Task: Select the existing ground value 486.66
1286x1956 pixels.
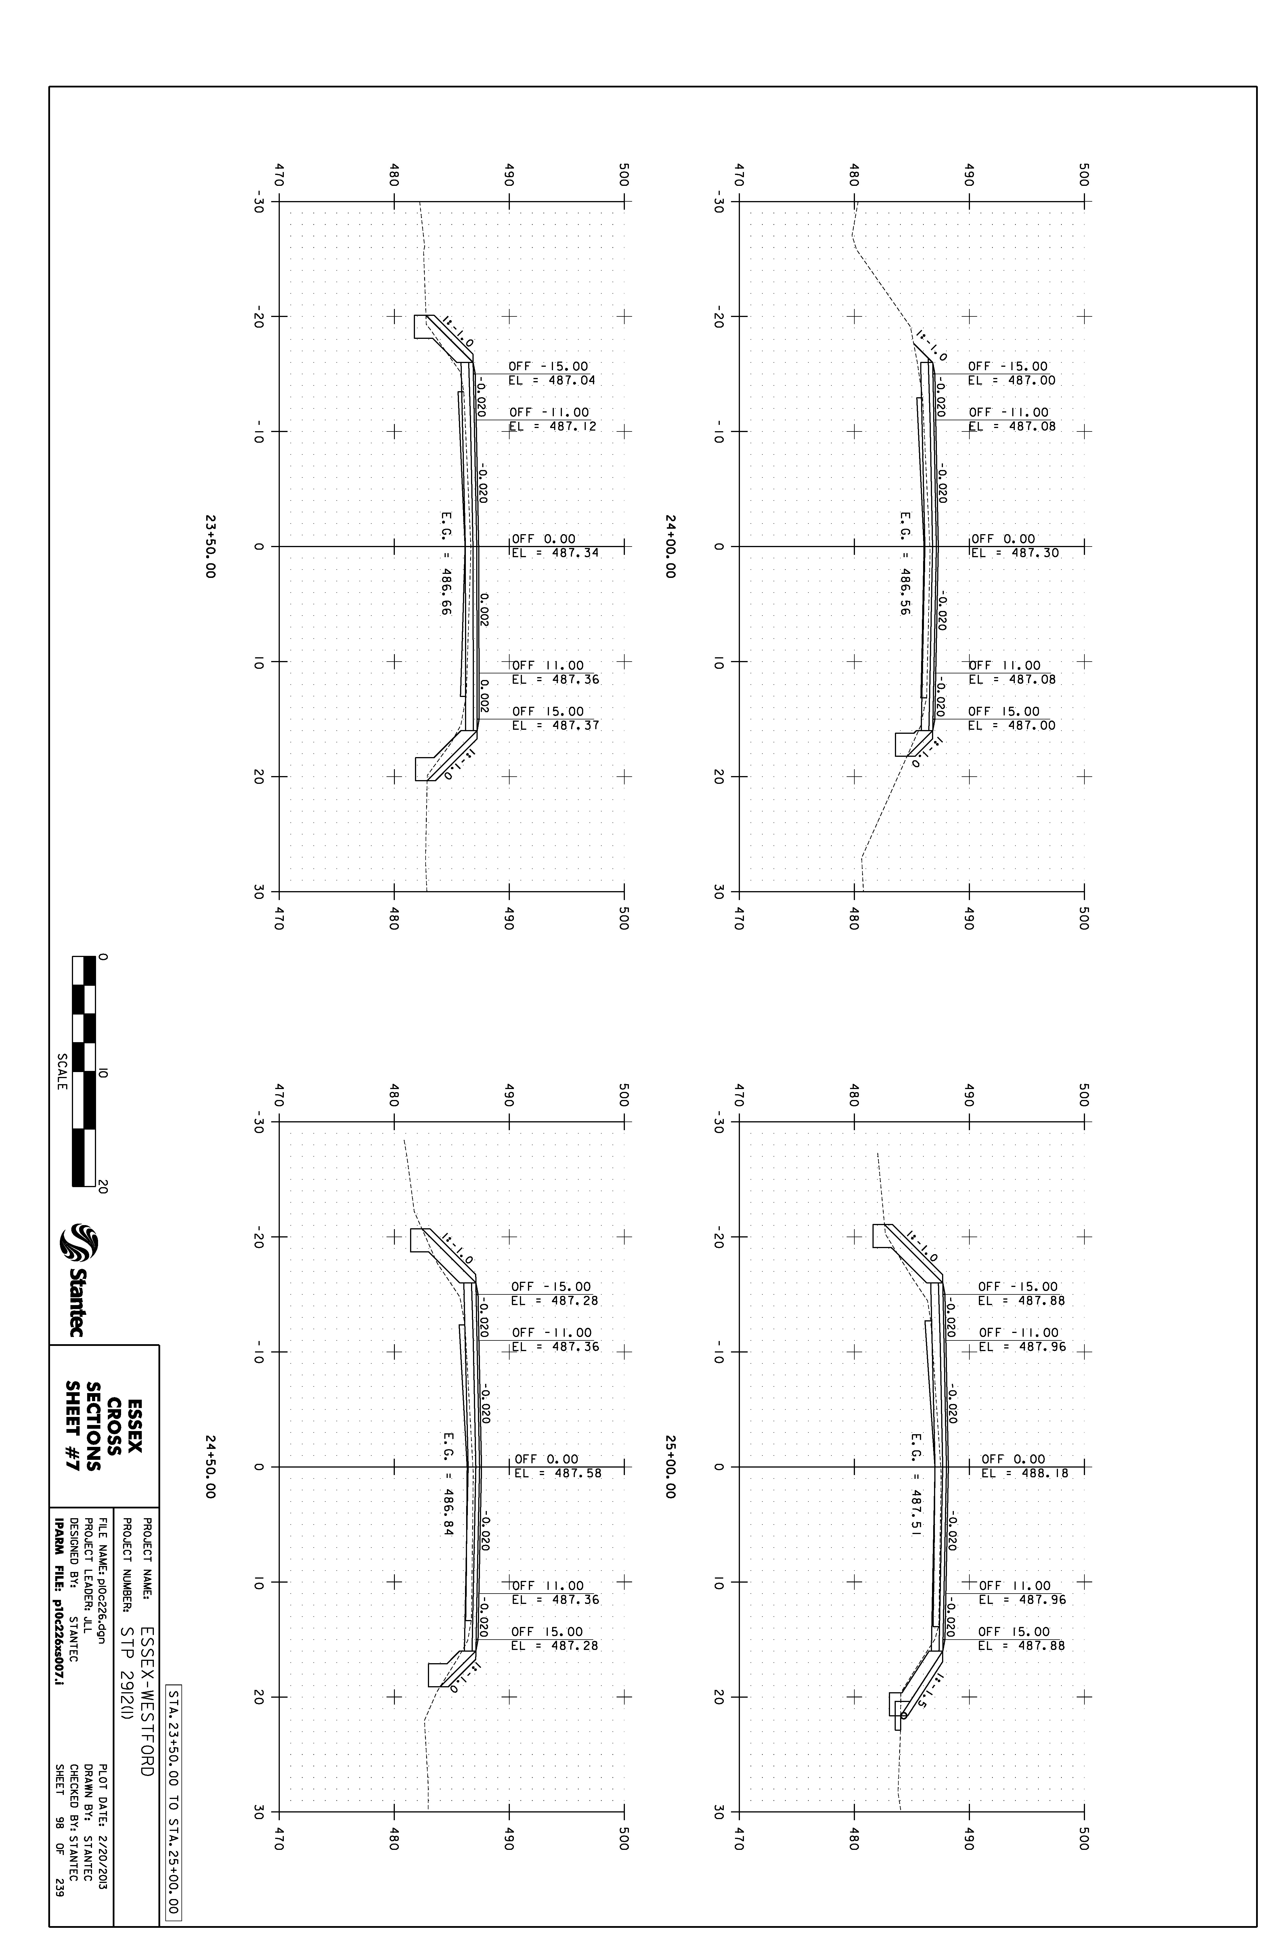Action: click(446, 592)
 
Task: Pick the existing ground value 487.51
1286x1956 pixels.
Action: click(916, 1512)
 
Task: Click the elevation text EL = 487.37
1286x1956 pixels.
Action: click(556, 726)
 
